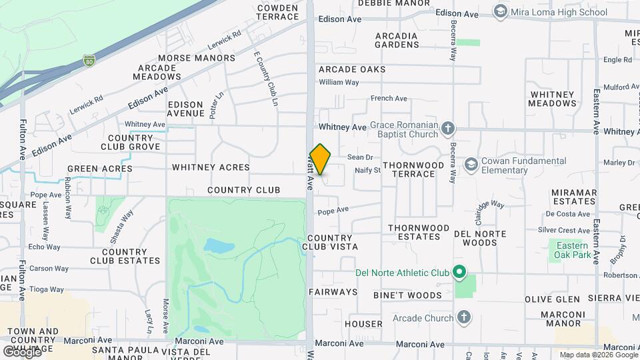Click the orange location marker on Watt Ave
click(x=321, y=159)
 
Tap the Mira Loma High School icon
click(x=501, y=12)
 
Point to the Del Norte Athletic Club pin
click(x=459, y=272)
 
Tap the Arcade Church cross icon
click(x=463, y=318)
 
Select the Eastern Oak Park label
click(x=573, y=250)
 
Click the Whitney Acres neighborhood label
click(x=211, y=167)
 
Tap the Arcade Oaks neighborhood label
click(x=352, y=69)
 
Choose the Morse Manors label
click(x=197, y=58)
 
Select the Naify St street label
click(x=367, y=171)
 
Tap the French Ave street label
click(x=389, y=99)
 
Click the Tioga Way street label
click(x=47, y=289)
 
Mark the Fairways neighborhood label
click(x=333, y=292)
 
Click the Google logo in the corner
click(x=21, y=351)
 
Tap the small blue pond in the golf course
click(x=218, y=246)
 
